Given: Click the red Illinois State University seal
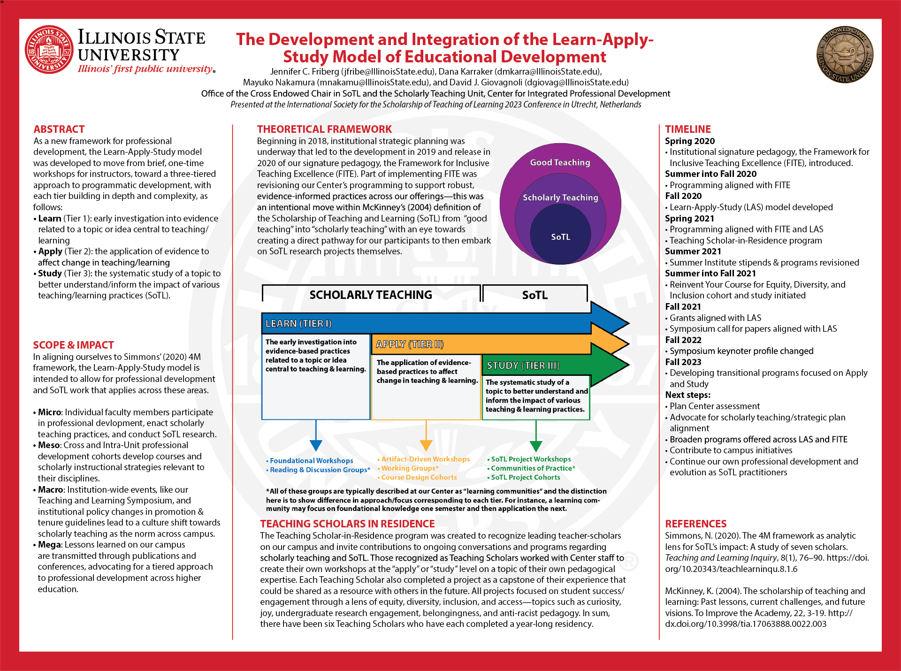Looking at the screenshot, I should coord(49,50).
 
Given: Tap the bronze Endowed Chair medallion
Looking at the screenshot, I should coord(845,54).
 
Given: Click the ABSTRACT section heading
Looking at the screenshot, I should coord(59,129).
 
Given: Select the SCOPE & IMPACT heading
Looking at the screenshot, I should coord(73,345).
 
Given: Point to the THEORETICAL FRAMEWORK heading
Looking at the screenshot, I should coord(324,129).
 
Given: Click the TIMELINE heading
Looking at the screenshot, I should coord(688,129).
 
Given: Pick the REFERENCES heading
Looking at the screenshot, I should coord(695,524).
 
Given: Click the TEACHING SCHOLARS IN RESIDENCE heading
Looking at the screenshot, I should coord(347,524).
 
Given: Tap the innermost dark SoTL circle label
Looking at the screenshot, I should coord(560,237).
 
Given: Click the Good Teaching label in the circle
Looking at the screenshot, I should coord(560,162).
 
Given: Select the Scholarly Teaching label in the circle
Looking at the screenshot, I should coord(560,198).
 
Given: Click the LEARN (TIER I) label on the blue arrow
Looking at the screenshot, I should coord(298,324).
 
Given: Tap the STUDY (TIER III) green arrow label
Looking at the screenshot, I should coord(523,366).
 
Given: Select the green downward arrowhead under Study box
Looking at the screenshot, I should coord(535,445).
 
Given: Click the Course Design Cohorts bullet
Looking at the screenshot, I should coord(419,477).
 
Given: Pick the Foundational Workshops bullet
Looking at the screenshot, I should coord(311,461).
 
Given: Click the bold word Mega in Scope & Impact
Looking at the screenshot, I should coord(50,545).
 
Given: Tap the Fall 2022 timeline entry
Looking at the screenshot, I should coord(683,340).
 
